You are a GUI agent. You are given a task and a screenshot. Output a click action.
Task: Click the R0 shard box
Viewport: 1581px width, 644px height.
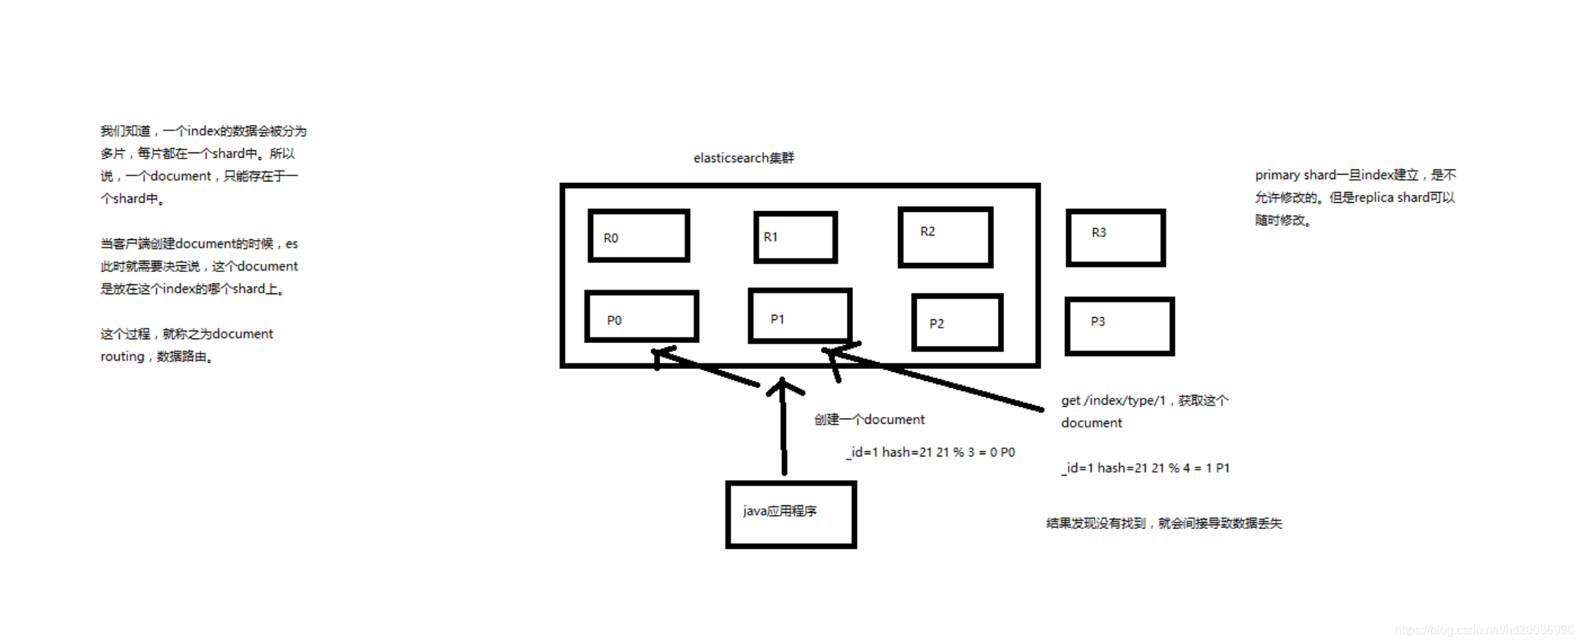click(x=639, y=236)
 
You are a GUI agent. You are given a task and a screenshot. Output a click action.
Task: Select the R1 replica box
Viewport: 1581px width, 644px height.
click(x=795, y=238)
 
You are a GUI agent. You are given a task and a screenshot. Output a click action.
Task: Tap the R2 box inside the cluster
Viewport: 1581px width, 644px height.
click(x=945, y=237)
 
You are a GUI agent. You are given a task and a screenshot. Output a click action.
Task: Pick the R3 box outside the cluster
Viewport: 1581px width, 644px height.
click(x=1115, y=238)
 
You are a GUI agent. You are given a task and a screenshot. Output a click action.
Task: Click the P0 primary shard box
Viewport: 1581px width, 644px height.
click(x=642, y=316)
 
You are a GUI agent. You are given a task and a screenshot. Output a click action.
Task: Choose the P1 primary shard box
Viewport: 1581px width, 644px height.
click(x=800, y=316)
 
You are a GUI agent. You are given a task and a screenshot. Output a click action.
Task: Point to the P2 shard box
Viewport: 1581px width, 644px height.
click(x=957, y=322)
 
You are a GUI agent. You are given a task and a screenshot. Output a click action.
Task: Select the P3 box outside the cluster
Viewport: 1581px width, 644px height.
click(x=1119, y=326)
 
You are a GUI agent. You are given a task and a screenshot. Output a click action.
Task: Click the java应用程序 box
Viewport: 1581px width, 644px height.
click(x=790, y=514)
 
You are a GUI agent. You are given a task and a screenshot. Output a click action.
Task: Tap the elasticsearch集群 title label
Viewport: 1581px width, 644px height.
click(x=743, y=158)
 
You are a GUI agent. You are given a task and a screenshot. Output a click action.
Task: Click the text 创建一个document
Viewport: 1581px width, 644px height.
click(x=869, y=419)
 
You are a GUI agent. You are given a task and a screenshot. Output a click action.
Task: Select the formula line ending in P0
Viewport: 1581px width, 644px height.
click(x=930, y=452)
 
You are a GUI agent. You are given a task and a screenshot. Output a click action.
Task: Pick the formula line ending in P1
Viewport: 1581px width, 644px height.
click(x=1145, y=468)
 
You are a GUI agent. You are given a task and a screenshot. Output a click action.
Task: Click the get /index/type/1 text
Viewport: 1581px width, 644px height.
click(x=1113, y=400)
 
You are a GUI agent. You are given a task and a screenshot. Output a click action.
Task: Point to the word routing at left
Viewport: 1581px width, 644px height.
click(x=122, y=356)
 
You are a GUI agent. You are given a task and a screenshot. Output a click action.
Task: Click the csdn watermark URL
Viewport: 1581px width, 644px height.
click(x=1483, y=630)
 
